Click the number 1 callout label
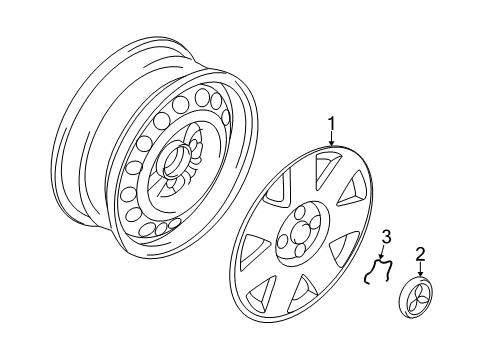(331, 124)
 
